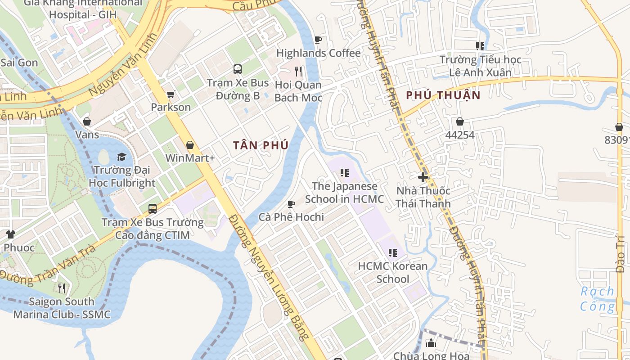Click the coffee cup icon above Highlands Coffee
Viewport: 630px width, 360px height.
tap(318, 40)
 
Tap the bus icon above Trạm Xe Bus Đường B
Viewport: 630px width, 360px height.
tap(238, 69)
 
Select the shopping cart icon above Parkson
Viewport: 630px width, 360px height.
tap(171, 94)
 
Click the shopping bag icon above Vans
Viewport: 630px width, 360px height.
tap(87, 121)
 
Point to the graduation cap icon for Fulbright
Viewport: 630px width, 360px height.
tap(121, 157)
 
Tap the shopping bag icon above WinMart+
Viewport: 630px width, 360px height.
tap(190, 145)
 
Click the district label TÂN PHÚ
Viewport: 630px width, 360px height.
tap(261, 145)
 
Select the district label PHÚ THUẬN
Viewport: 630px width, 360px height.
tap(443, 95)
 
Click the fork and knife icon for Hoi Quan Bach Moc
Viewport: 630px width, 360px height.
tap(298, 71)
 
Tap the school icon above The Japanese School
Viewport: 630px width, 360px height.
tap(345, 173)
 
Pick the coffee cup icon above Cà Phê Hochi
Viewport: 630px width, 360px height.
tap(291, 204)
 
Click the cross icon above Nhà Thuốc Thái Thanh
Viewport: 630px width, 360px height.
tap(423, 177)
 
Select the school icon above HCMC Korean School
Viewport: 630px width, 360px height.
tap(393, 253)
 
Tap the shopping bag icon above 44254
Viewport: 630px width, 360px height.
tap(460, 121)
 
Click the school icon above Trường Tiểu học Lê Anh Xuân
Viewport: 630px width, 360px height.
tap(480, 46)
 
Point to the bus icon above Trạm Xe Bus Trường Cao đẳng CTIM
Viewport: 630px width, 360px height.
tap(153, 209)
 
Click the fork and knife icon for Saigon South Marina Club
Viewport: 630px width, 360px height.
tap(62, 288)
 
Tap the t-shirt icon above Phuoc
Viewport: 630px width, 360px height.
tap(11, 234)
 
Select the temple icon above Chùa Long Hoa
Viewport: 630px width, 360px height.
tap(431, 343)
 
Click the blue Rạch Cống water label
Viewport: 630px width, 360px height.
tap(597, 299)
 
